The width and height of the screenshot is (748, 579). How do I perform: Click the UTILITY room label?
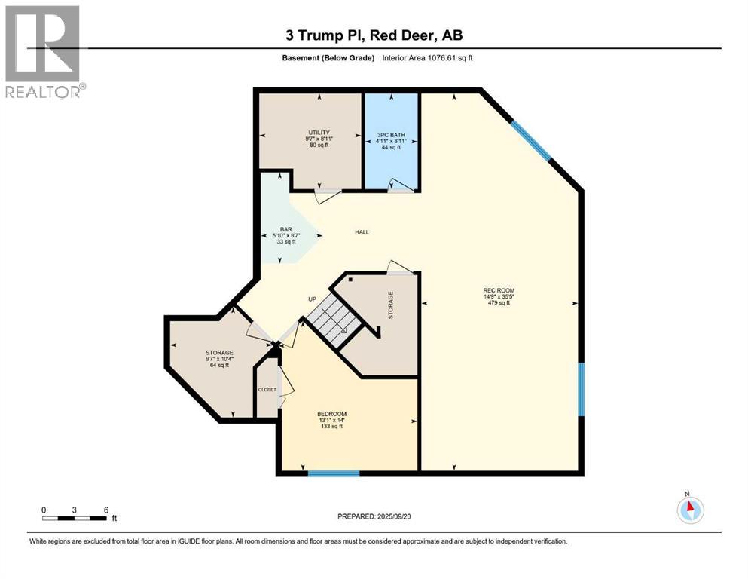click(x=318, y=133)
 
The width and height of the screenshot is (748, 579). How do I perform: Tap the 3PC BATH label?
click(x=392, y=135)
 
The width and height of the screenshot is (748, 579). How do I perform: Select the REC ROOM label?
click(x=499, y=290)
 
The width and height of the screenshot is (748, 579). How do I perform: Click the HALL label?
click(x=362, y=232)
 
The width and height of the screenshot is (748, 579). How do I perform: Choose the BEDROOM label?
click(x=331, y=414)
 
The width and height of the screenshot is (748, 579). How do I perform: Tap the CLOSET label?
click(x=267, y=390)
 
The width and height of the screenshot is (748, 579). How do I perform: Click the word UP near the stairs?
click(x=311, y=299)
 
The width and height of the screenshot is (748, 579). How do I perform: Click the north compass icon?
click(x=689, y=509)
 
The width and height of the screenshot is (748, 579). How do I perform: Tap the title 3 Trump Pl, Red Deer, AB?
click(x=373, y=35)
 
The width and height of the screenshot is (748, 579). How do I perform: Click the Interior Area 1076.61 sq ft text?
click(x=427, y=57)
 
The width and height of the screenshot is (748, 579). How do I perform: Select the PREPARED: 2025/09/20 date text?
click(x=374, y=516)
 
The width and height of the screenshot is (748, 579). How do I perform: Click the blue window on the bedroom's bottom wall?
click(x=334, y=473)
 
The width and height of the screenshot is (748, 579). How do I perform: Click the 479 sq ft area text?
click(x=499, y=303)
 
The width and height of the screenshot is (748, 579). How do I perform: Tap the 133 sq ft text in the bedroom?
click(x=331, y=427)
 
